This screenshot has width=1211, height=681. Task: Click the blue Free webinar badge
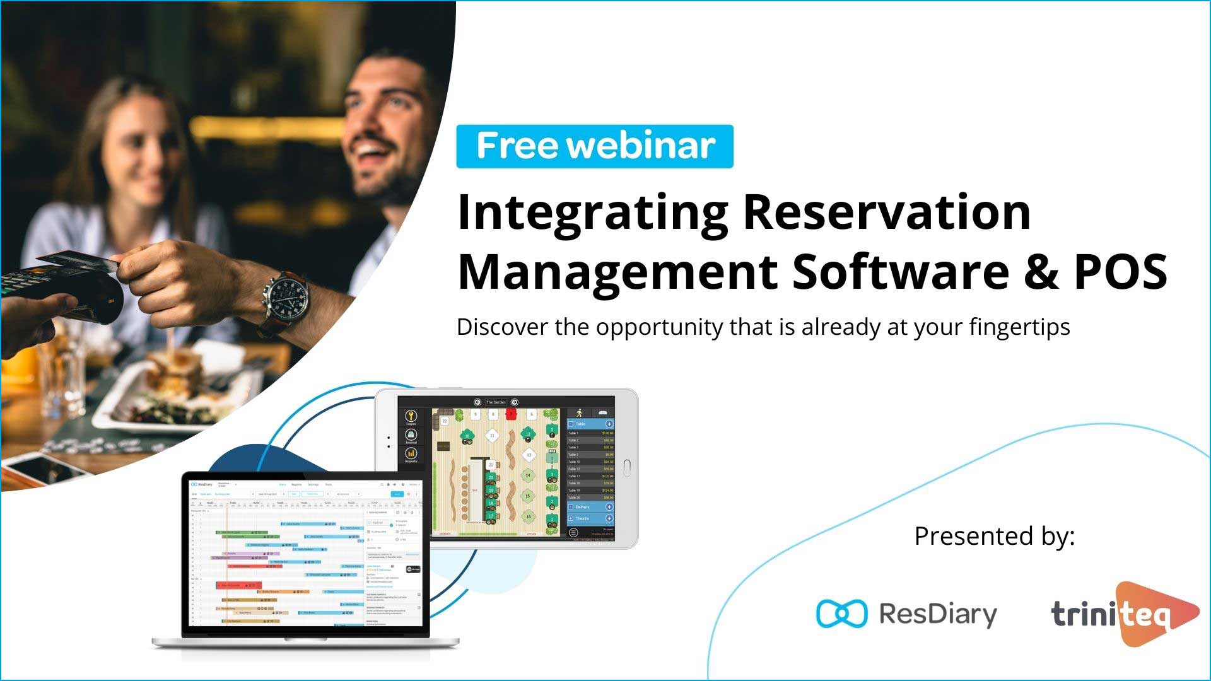tap(595, 146)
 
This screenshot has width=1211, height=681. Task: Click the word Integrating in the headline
tap(592, 213)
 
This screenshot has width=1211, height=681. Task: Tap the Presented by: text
tap(994, 536)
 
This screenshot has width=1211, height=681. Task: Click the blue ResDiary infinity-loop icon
tap(841, 614)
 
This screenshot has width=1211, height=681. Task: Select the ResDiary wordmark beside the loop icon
tap(938, 614)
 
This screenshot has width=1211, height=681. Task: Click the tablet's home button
tap(626, 468)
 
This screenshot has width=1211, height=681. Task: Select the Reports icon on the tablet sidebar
tap(411, 455)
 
